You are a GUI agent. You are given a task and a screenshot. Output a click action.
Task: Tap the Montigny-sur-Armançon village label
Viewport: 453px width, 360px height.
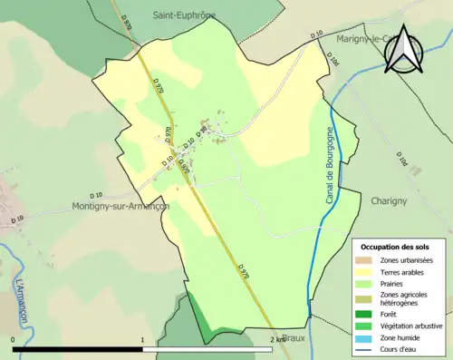pyautogui.click(x=121, y=206)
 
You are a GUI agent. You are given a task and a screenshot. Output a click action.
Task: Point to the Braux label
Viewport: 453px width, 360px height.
pyautogui.click(x=294, y=337)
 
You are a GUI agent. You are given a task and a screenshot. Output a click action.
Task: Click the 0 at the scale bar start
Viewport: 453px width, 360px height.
pyautogui.click(x=14, y=339)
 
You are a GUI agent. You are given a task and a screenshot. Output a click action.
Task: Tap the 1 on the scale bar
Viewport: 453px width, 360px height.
pyautogui.click(x=142, y=339)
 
